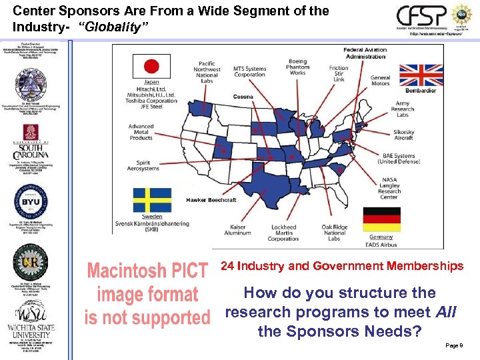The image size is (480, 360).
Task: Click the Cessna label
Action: pos(243,97)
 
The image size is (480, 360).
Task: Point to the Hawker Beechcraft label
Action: pos(211,200)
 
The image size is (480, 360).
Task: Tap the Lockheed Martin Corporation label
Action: pos(283,233)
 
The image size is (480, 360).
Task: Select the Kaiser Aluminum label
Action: pos(238,230)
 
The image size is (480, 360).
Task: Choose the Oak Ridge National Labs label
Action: pos(334,233)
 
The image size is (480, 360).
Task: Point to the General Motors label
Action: pos(381,81)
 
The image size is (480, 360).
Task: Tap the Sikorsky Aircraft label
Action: pos(403,135)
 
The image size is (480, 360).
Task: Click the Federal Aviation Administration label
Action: pos(365,53)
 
